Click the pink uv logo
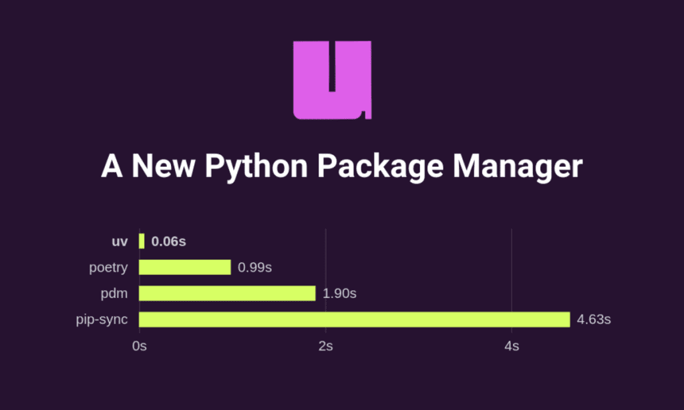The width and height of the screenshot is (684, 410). pyautogui.click(x=332, y=80)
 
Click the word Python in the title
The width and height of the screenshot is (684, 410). pyautogui.click(x=256, y=166)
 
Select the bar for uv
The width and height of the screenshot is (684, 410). pyautogui.click(x=142, y=242)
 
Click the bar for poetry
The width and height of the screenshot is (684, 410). pyautogui.click(x=185, y=267)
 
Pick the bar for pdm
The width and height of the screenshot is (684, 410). pyautogui.click(x=227, y=293)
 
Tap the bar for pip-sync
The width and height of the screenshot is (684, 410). pyautogui.click(x=354, y=319)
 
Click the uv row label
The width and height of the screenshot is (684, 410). pyautogui.click(x=120, y=242)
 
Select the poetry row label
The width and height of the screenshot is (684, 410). pyautogui.click(x=108, y=268)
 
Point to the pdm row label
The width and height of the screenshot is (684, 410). pyautogui.click(x=114, y=293)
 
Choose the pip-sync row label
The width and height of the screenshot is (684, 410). pyautogui.click(x=102, y=319)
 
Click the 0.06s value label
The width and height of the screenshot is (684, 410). pyautogui.click(x=169, y=242)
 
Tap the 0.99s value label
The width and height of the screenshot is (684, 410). pyautogui.click(x=254, y=268)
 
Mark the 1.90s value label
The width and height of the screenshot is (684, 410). pyautogui.click(x=339, y=293)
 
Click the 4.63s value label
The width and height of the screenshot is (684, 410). pyautogui.click(x=594, y=319)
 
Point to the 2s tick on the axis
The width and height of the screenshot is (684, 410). pyautogui.click(x=325, y=347)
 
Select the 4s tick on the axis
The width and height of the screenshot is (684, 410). pyautogui.click(x=512, y=347)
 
